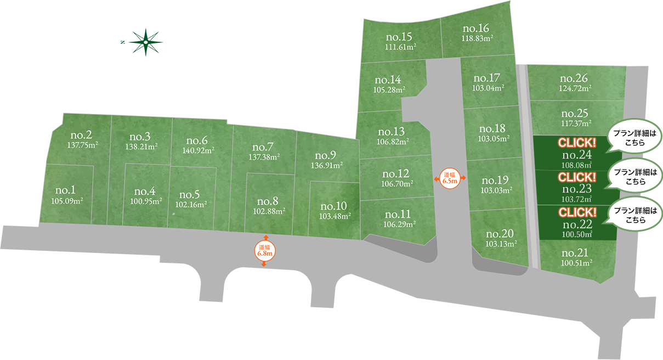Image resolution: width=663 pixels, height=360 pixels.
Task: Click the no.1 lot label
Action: coord(65,190)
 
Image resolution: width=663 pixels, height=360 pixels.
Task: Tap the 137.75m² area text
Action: coord(83,146)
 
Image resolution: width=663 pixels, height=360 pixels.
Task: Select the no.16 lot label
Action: coord(475,29)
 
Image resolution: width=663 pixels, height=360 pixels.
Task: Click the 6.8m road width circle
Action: coord(264,250)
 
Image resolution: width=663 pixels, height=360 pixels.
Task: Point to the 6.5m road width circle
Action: coord(450,178)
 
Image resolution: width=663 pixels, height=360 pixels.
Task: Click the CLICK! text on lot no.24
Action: coord(577,143)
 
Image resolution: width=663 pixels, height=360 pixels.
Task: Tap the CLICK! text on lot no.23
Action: coord(577,177)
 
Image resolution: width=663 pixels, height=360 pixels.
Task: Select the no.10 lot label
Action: coord(333,206)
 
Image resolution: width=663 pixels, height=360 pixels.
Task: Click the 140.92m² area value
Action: coord(199,150)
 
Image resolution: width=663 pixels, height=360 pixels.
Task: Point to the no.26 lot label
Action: coord(575,78)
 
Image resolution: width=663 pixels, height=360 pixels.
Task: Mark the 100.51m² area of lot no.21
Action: coord(576,263)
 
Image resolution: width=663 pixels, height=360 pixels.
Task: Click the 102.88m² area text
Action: coord(268,211)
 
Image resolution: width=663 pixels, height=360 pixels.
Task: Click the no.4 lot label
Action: coord(145,192)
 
